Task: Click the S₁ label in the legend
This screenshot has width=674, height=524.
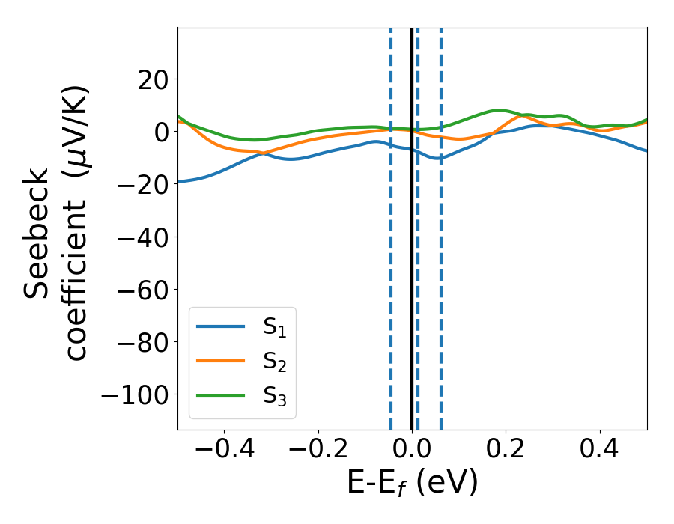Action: click(275, 327)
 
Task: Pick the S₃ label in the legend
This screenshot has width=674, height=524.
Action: click(275, 396)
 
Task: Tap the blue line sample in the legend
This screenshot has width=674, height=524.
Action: click(220, 326)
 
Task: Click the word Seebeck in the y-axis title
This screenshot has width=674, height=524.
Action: click(37, 234)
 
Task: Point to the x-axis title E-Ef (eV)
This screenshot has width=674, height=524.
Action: click(412, 484)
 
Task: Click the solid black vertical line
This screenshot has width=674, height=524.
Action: click(412, 225)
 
